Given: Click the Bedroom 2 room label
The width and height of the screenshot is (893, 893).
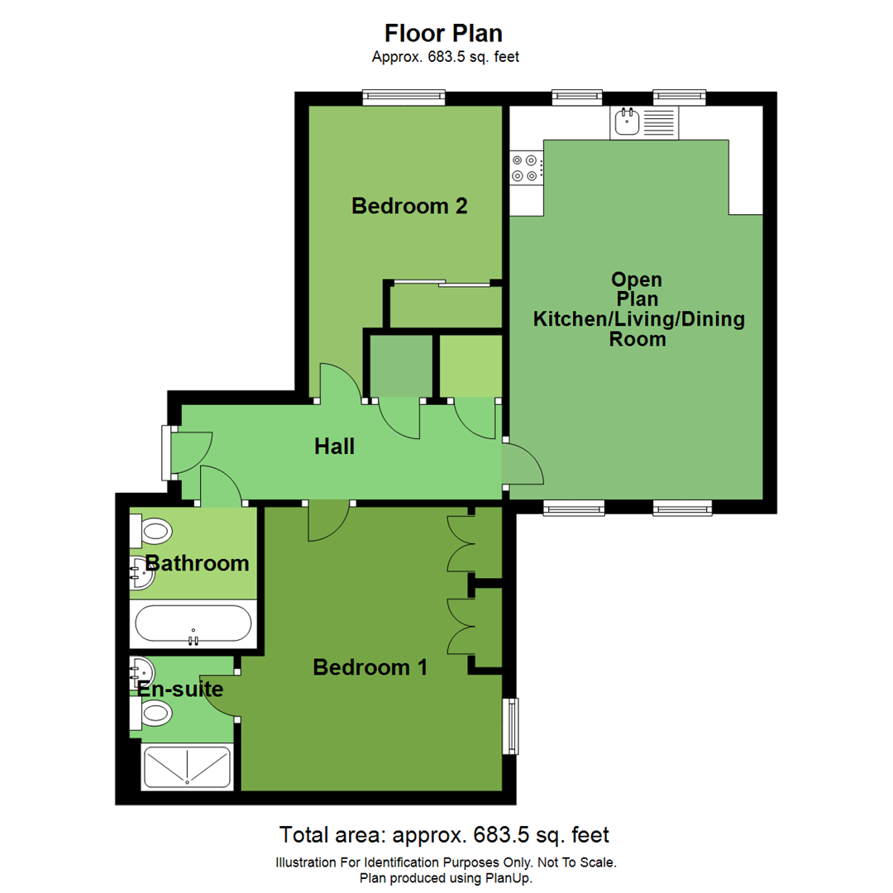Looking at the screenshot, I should click(x=409, y=206).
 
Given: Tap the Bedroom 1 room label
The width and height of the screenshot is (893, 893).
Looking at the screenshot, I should click(x=370, y=667).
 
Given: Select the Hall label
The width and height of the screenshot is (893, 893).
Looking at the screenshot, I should click(x=334, y=447).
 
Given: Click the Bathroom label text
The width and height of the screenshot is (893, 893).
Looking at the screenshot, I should click(x=197, y=564).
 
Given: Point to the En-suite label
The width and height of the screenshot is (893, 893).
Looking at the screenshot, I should click(x=180, y=689).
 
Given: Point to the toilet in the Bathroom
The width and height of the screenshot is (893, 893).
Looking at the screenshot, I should click(x=151, y=530).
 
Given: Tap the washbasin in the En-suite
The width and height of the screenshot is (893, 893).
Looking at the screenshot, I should click(x=141, y=671).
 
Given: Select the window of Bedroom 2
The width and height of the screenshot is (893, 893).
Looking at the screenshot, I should click(x=404, y=98).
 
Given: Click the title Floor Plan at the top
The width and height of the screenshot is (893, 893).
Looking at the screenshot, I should click(x=444, y=33).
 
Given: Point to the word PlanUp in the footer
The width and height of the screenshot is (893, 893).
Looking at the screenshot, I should click(x=507, y=878).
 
